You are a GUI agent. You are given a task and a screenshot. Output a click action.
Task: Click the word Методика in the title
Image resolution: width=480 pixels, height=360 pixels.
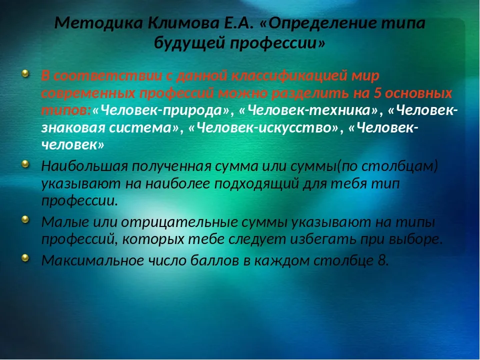[x=98, y=23]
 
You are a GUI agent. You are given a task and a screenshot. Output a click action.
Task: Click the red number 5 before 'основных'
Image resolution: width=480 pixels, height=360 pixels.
[x=378, y=93]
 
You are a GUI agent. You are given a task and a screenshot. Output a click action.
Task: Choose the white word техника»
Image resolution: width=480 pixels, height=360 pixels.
[x=344, y=110]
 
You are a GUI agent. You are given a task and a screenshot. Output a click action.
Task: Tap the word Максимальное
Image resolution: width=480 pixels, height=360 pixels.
[x=92, y=260]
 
